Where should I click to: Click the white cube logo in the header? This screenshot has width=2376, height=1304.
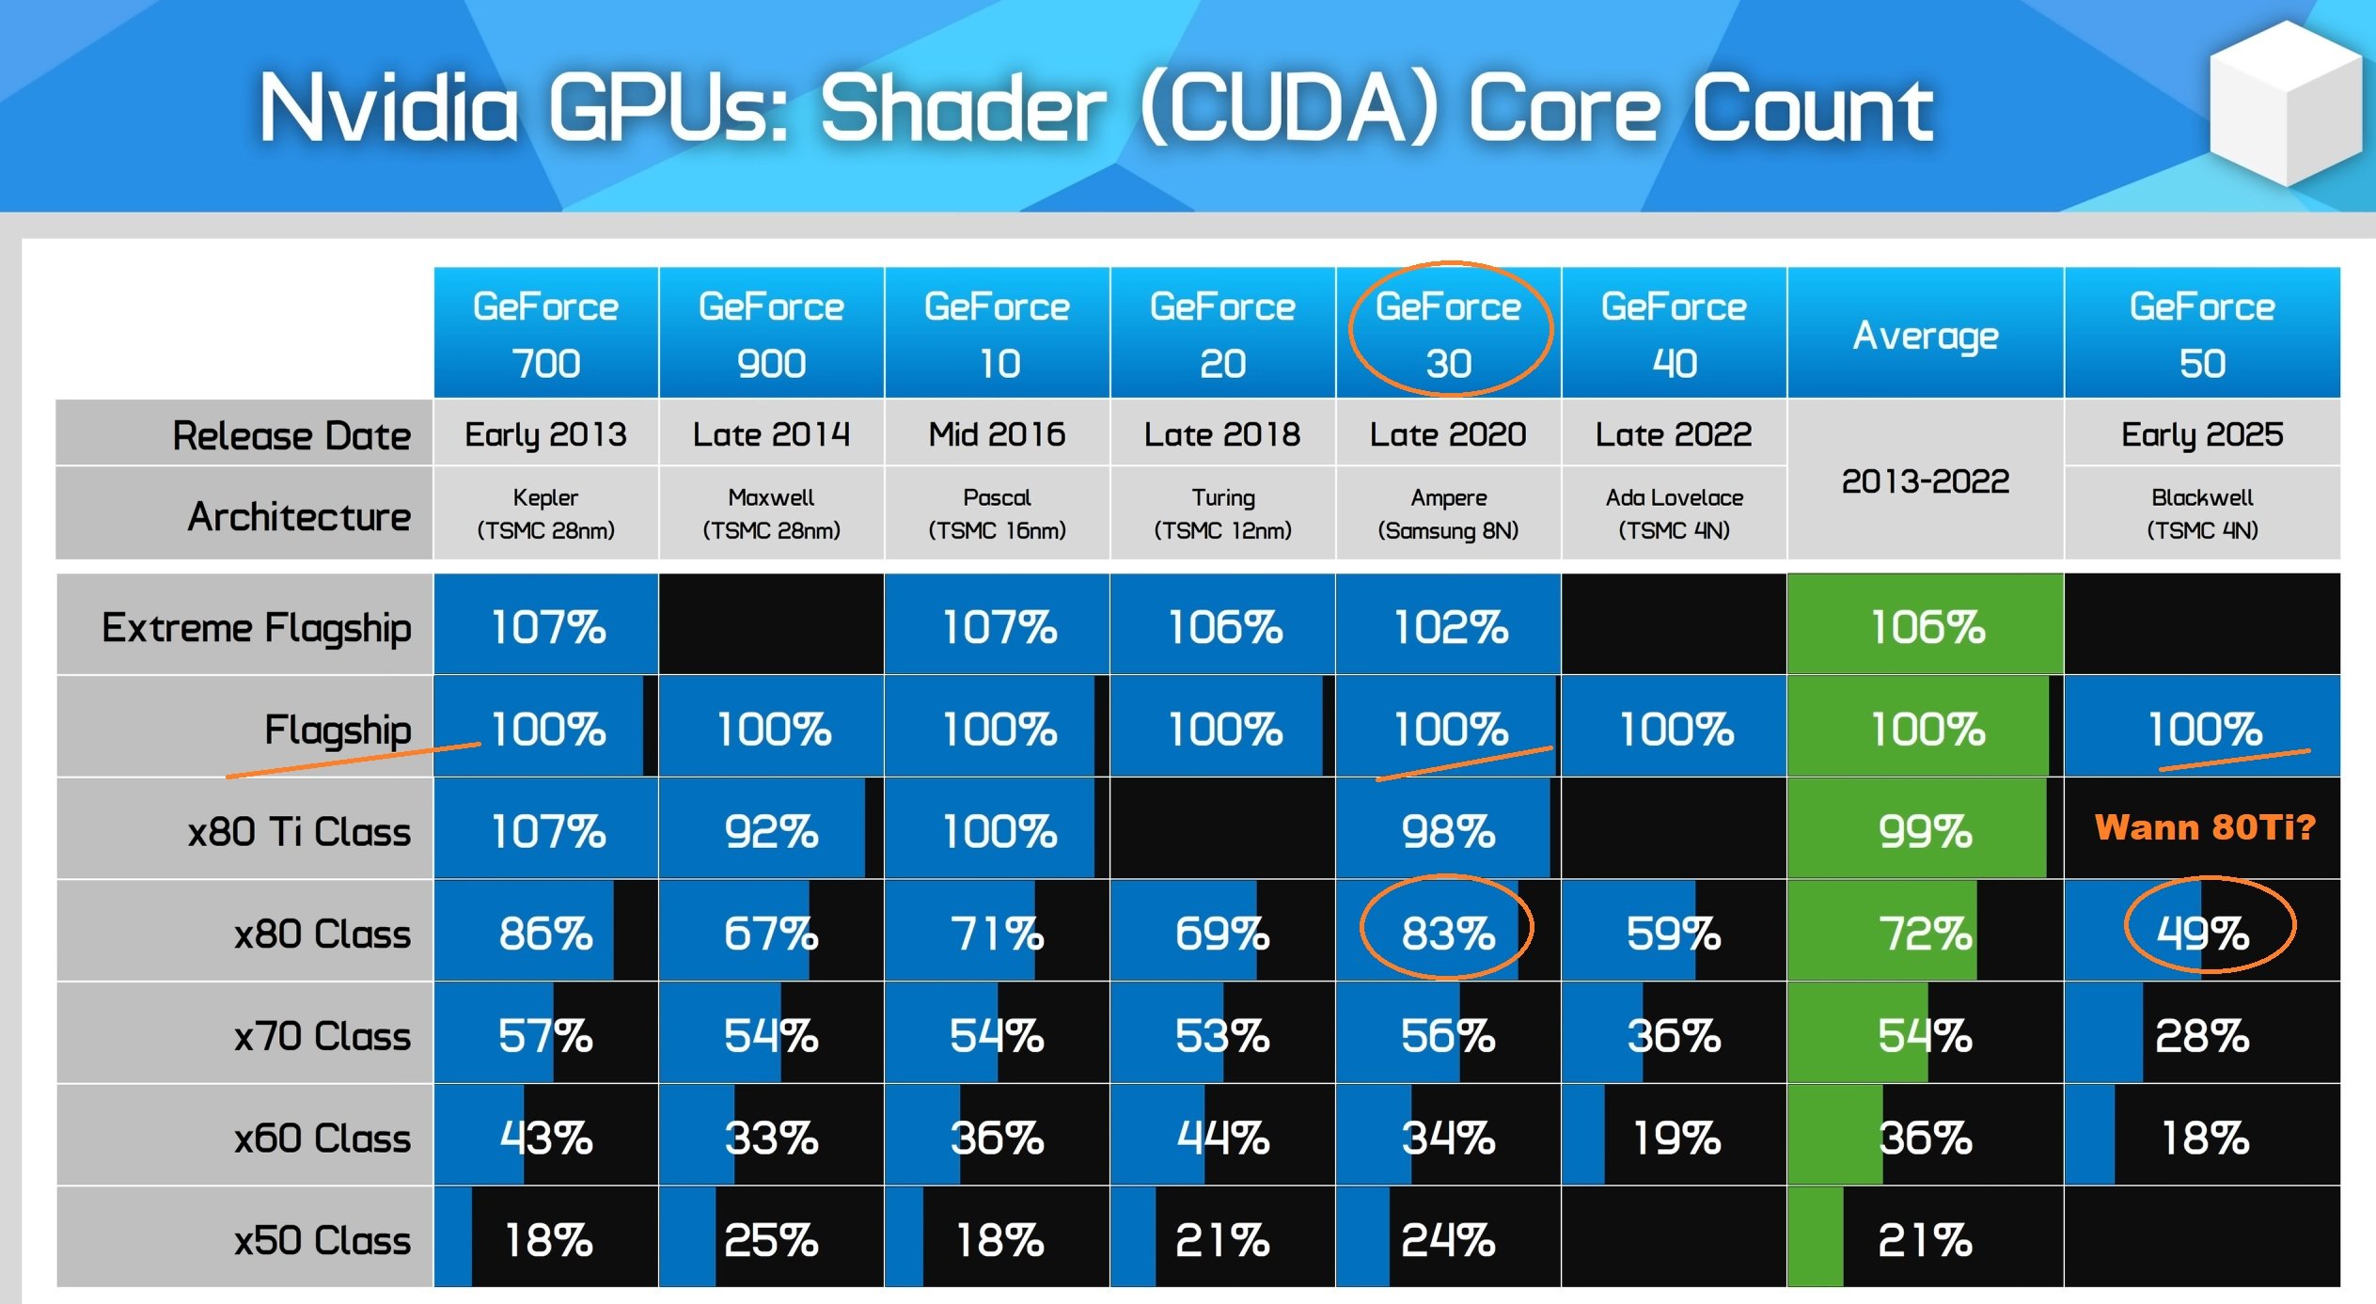2285,103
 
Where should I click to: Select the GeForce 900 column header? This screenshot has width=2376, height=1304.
771,334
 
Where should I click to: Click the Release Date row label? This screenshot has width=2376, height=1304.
291,435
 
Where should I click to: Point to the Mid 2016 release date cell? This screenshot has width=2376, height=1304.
997,434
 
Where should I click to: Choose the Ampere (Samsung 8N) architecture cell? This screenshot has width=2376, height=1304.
1448,513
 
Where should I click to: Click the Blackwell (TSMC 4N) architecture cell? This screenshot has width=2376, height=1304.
2202,513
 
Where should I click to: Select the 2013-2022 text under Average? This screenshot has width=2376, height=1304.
1925,481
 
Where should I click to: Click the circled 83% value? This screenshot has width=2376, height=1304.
1448,934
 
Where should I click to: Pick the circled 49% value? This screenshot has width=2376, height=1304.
2203,934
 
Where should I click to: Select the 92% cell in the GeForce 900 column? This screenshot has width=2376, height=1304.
771,832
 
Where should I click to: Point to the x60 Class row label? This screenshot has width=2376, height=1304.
322,1138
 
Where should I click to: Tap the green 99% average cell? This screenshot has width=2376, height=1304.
1925,832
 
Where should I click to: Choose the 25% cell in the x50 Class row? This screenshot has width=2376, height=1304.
771,1240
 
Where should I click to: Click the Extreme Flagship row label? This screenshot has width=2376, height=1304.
256,627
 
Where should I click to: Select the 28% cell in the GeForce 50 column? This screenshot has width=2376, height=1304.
2202,1036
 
